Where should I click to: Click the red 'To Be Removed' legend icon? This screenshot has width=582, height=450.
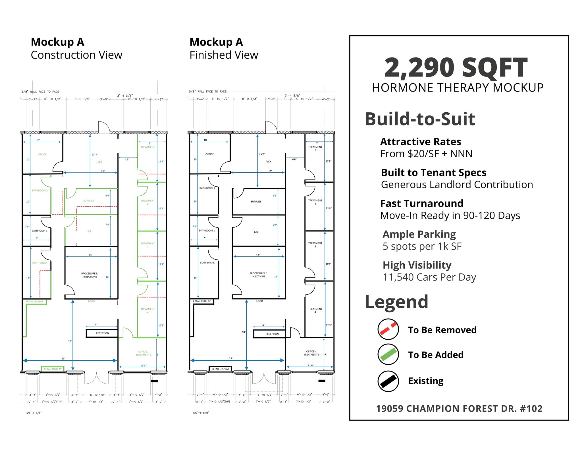click(388, 329)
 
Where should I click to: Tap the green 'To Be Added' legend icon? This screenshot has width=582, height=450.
click(388, 354)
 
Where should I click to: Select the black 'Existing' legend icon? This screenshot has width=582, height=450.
click(388, 381)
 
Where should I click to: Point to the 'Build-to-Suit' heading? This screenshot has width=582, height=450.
click(420, 119)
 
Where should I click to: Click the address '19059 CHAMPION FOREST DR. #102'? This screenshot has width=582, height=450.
click(459, 408)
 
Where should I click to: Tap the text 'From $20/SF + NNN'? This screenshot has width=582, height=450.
click(426, 154)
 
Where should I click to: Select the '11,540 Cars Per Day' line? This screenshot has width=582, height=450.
click(429, 277)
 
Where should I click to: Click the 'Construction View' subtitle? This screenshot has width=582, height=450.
click(76, 55)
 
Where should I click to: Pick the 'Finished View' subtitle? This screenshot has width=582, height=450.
click(224, 55)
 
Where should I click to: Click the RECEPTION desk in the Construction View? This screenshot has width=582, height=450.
click(102, 333)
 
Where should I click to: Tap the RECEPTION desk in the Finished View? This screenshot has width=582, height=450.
click(272, 334)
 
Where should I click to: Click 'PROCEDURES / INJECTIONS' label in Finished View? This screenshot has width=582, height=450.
click(258, 275)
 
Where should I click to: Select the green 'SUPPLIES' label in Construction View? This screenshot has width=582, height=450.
click(89, 201)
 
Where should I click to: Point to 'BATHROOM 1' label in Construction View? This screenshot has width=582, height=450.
click(40, 231)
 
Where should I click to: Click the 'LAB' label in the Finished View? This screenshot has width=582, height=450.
click(256, 232)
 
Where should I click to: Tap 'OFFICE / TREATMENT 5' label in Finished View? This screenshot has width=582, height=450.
click(311, 353)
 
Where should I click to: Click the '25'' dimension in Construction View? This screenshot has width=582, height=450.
click(63, 358)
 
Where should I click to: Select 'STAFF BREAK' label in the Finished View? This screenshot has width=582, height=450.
click(207, 263)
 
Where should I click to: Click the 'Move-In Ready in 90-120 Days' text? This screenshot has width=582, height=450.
click(450, 216)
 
